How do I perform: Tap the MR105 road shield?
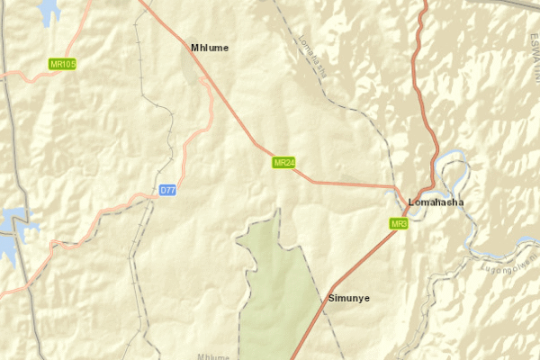coord(63,64)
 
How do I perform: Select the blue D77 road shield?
coord(167,190)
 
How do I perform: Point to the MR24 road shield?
coord(284,163)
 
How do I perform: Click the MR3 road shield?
coord(400,223)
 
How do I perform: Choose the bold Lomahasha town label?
coord(436,202)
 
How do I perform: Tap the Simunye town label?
coord(349,298)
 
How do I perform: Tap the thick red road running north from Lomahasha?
coord(418,72)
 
